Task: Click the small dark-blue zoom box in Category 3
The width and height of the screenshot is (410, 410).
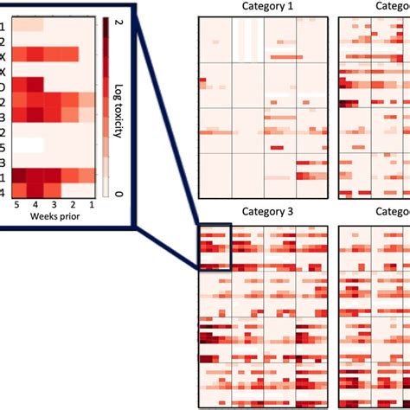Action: (215, 247)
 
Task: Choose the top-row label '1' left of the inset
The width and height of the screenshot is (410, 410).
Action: (3, 25)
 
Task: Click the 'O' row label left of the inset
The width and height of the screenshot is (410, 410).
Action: (3, 86)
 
